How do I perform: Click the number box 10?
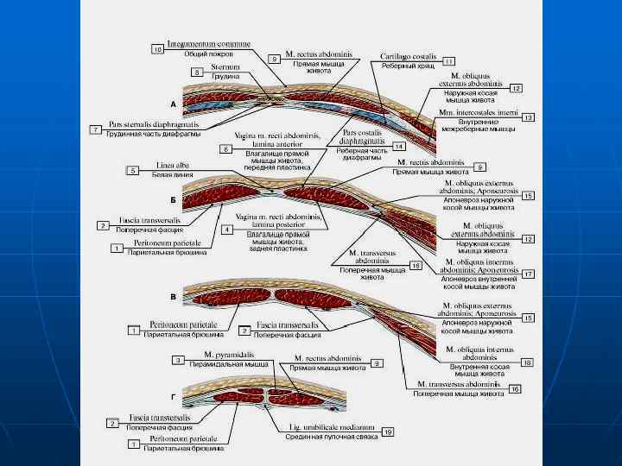pyautogui.click(x=158, y=50)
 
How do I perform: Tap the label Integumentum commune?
pyautogui.click(x=209, y=41)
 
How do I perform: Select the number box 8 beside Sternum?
pyautogui.click(x=198, y=72)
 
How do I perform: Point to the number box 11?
pyautogui.click(x=448, y=61)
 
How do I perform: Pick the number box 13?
pyautogui.click(x=529, y=116)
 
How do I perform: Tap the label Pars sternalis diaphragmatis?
pyautogui.click(x=147, y=123)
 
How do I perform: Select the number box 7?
pyautogui.click(x=96, y=129)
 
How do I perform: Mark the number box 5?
pyautogui.click(x=132, y=170)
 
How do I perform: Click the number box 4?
pyautogui.click(x=227, y=230)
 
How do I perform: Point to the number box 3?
pyautogui.click(x=177, y=359)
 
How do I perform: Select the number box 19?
pyautogui.click(x=388, y=431)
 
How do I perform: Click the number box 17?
pyautogui.click(x=529, y=274)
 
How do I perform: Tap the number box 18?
pyautogui.click(x=529, y=362)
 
